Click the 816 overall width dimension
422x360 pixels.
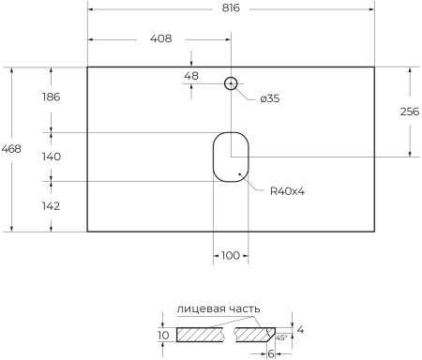[x=231, y=7]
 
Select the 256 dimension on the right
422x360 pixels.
[x=410, y=112]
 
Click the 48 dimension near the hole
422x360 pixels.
[x=190, y=75]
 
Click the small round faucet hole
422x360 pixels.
[x=230, y=83]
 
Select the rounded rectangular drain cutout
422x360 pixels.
[x=230, y=157]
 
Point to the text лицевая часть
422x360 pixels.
[x=218, y=309]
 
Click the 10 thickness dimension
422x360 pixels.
[x=163, y=335]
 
